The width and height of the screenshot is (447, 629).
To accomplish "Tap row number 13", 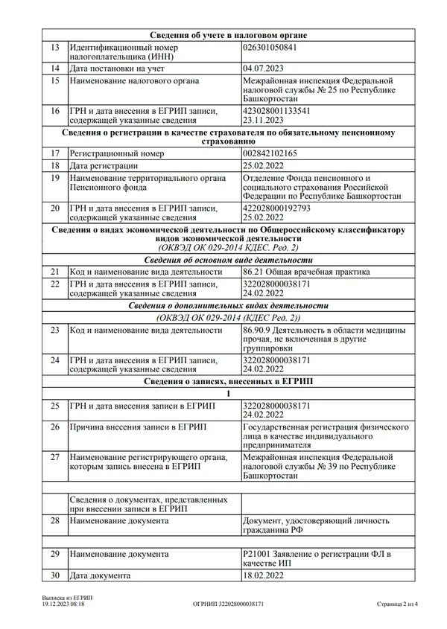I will [54, 47].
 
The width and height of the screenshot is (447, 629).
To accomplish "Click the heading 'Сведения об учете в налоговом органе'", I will [228, 35].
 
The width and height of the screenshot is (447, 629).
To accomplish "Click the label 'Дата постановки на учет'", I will [115, 68].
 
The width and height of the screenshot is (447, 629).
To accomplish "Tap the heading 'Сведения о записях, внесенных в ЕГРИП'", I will [228, 381].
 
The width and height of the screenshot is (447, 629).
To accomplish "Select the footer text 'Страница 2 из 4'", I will [398, 604].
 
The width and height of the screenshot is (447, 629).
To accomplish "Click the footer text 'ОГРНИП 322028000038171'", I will [228, 604].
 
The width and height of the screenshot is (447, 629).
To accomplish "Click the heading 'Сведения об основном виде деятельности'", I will [228, 260].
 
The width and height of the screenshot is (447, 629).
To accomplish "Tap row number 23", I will [54, 329].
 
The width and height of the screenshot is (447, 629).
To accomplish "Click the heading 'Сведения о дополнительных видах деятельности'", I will [228, 306].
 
